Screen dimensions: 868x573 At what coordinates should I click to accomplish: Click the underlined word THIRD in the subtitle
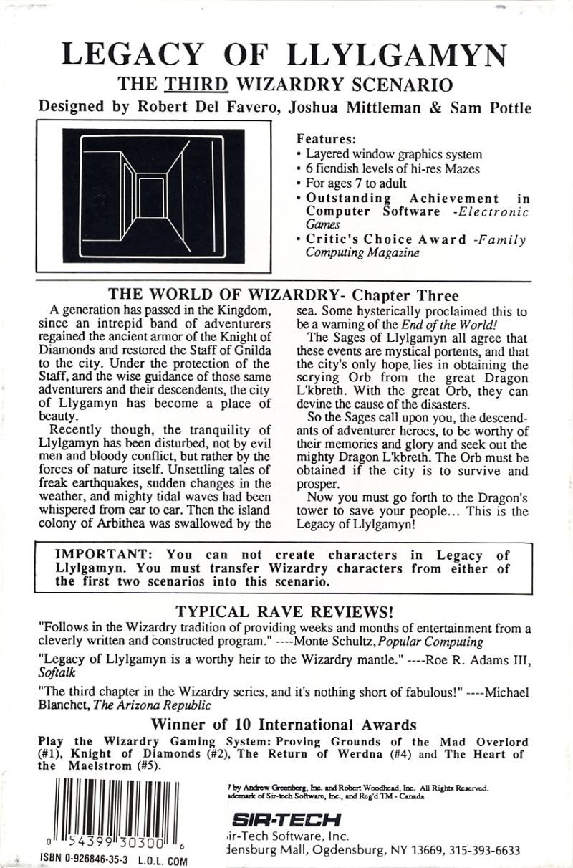196,85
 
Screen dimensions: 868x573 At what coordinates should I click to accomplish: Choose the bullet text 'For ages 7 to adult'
356,183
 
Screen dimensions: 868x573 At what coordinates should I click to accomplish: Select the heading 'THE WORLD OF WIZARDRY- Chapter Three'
283,296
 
